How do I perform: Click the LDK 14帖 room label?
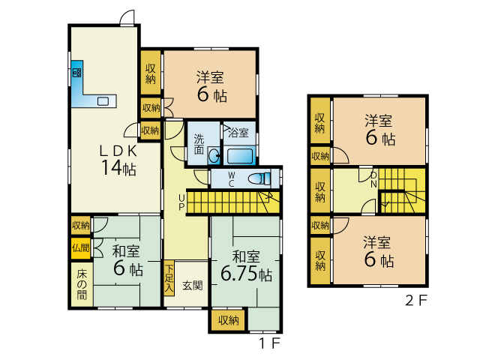[x=118, y=160]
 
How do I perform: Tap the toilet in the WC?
[x=259, y=178]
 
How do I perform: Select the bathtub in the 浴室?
[x=240, y=156]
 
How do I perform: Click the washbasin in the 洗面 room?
[x=214, y=156]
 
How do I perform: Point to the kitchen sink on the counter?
[x=103, y=101]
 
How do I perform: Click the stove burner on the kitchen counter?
[x=76, y=73]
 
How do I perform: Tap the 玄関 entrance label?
[x=192, y=286]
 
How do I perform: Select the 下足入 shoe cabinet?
[x=169, y=278]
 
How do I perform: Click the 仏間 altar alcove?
[x=81, y=248]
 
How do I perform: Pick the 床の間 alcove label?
[x=82, y=284]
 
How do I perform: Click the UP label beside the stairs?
[x=181, y=202]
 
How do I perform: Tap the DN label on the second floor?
[x=373, y=180]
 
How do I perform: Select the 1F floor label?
[x=270, y=343]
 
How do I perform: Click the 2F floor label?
[x=416, y=300]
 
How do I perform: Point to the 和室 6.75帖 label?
[x=246, y=265]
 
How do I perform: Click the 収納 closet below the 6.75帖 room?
[x=228, y=320]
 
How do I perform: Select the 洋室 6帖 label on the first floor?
[x=211, y=86]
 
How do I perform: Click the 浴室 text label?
[x=238, y=133]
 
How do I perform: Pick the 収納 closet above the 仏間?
[x=81, y=226]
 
